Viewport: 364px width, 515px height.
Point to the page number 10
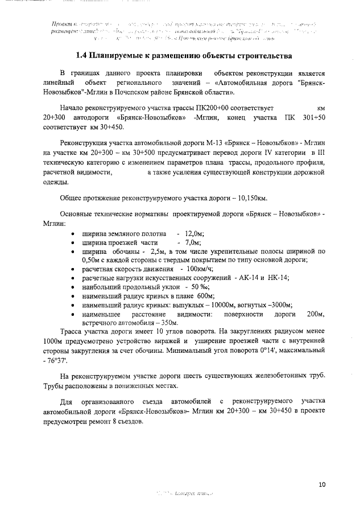tap(322, 485)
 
